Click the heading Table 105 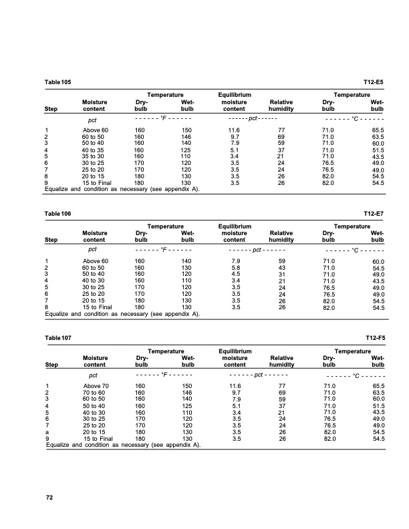tap(57, 81)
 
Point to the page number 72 tap(49, 497)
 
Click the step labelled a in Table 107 tap(47, 432)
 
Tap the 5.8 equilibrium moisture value tap(235, 267)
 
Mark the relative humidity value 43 tap(281, 267)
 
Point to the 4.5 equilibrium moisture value tap(235, 274)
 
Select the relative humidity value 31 tap(281, 274)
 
